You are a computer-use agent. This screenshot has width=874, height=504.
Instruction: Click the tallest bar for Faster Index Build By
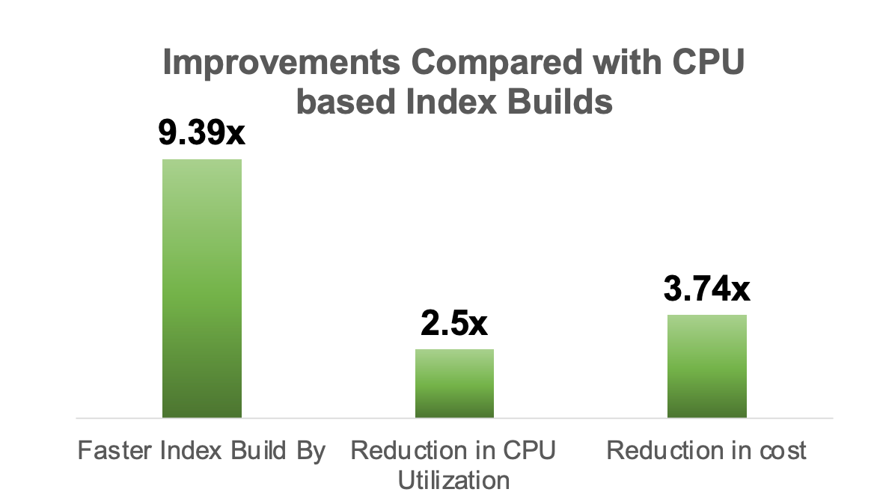click(202, 288)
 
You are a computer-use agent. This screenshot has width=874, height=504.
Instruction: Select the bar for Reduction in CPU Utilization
click(454, 383)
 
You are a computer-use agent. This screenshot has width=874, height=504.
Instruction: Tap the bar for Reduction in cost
click(707, 366)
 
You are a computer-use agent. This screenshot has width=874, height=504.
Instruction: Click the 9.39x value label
click(201, 134)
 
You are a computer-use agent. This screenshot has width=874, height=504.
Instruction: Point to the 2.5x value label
click(454, 324)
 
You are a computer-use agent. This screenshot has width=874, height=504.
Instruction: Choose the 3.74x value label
click(707, 289)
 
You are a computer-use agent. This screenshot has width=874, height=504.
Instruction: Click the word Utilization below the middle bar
click(454, 479)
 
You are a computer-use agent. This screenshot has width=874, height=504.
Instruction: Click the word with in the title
click(616, 64)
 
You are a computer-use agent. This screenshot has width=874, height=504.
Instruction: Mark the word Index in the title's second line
click(445, 102)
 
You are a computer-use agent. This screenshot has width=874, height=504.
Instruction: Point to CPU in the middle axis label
click(528, 451)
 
